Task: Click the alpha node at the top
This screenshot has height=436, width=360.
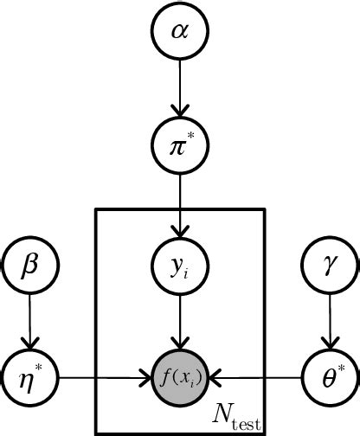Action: (179, 34)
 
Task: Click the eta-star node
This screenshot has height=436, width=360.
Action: (30, 377)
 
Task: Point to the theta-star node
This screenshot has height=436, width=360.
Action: (327, 377)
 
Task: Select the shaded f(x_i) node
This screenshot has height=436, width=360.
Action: (179, 377)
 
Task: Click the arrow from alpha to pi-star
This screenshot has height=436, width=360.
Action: (179, 87)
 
